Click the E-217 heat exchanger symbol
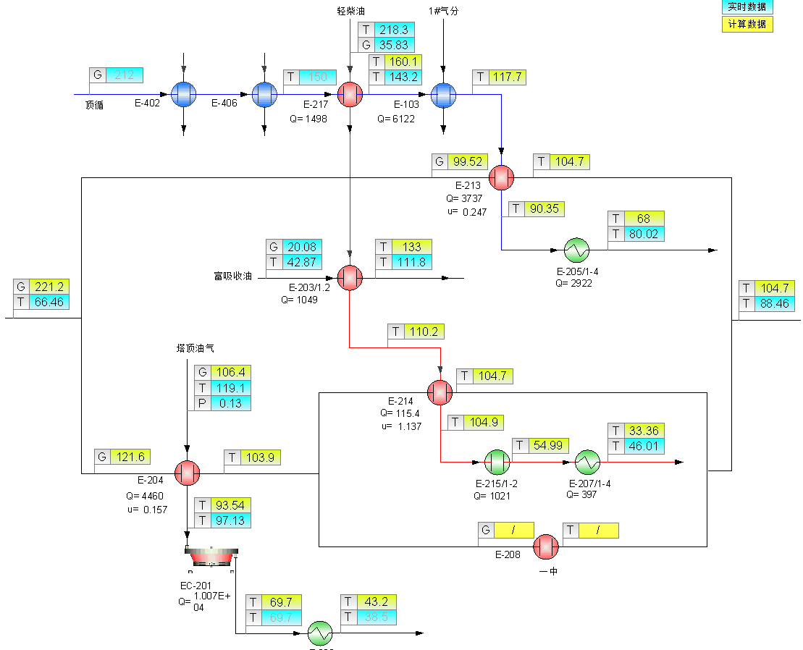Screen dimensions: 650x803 pyautogui.click(x=350, y=94)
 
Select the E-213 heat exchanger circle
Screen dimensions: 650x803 pyautogui.click(x=500, y=177)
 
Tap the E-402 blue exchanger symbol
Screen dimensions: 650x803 pyautogui.click(x=184, y=94)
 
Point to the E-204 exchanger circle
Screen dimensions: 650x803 pyautogui.click(x=187, y=473)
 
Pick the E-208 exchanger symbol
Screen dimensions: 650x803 pyautogui.click(x=545, y=546)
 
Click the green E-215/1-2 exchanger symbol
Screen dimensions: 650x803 pyautogui.click(x=497, y=461)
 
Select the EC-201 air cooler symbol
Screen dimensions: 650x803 pyautogui.click(x=211, y=556)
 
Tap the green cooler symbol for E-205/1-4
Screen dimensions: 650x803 pyautogui.click(x=577, y=250)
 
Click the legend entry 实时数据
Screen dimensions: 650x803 pyautogui.click(x=747, y=7)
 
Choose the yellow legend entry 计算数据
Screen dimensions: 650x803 pyautogui.click(x=747, y=24)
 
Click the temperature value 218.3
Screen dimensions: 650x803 pyautogui.click(x=394, y=30)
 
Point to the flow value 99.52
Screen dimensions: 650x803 pyautogui.click(x=468, y=161)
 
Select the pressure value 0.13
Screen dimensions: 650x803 pyautogui.click(x=230, y=403)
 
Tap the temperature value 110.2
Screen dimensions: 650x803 pyautogui.click(x=424, y=332)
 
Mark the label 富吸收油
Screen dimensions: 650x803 pyautogui.click(x=232, y=276)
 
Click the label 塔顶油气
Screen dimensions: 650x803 pyautogui.click(x=196, y=348)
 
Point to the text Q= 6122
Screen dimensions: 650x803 pyautogui.click(x=396, y=119)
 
